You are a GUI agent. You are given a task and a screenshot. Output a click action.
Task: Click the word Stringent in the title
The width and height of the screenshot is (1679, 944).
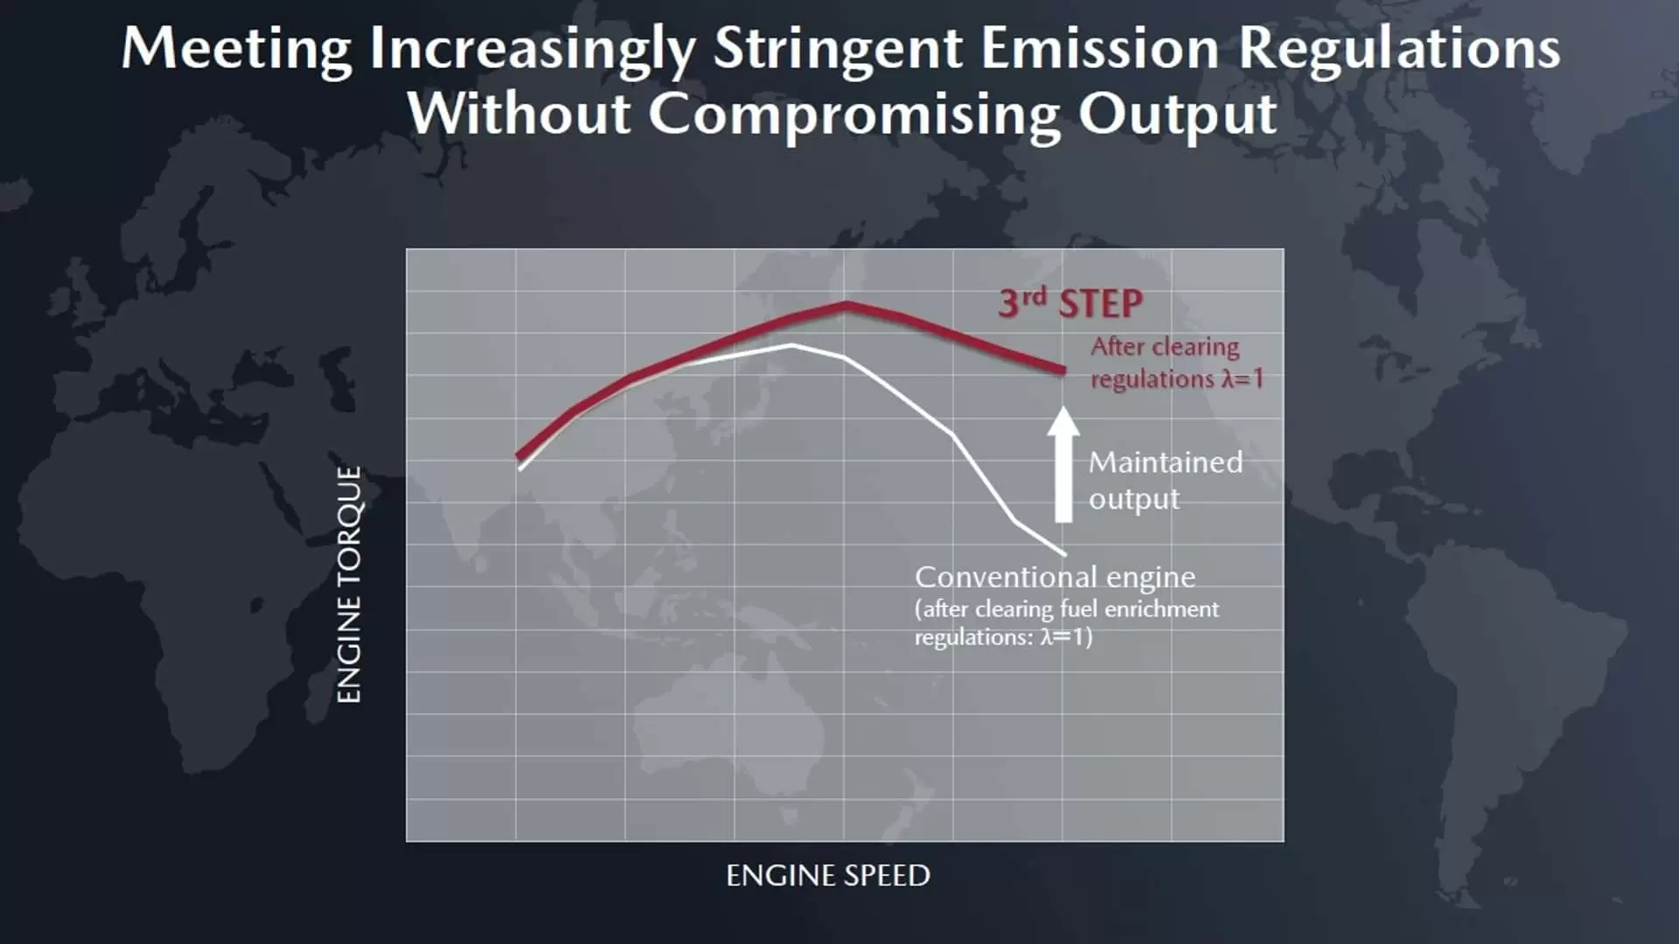click(x=838, y=49)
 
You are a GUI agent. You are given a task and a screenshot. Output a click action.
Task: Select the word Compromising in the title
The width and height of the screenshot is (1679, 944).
click(x=853, y=114)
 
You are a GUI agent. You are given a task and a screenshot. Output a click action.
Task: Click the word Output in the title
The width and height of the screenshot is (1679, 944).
click(x=1177, y=114)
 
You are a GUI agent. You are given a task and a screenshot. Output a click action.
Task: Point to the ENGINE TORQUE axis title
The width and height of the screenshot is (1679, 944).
click(x=349, y=584)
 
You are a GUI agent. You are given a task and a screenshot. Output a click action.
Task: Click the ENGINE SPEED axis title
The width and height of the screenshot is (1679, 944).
click(x=828, y=875)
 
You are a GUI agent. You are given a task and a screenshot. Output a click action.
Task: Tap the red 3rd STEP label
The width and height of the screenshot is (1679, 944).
click(x=1070, y=303)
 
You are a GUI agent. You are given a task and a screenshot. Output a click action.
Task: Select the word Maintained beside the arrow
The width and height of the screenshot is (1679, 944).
click(x=1166, y=462)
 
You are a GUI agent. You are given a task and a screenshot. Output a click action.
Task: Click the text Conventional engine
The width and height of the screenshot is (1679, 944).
click(x=1055, y=577)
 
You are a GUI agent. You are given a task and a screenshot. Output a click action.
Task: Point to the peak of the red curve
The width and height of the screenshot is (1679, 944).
click(x=846, y=304)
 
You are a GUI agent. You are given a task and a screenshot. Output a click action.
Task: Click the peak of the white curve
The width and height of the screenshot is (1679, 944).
click(x=792, y=345)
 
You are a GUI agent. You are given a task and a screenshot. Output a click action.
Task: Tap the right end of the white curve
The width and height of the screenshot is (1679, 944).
click(x=1064, y=553)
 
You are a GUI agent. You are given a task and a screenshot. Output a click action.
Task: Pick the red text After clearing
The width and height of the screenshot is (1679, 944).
click(x=1165, y=346)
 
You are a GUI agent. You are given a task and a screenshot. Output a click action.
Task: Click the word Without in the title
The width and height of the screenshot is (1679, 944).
click(x=519, y=114)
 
